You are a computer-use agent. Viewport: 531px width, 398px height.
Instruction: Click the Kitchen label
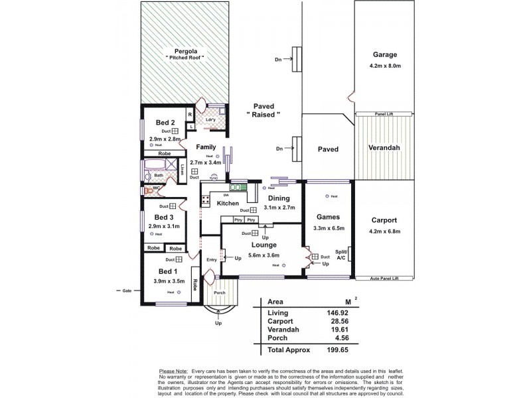[228, 204]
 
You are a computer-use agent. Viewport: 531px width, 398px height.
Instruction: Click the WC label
[157, 188]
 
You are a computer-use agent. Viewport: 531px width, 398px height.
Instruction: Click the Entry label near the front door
[212, 259]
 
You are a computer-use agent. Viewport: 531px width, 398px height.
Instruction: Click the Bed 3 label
[165, 217]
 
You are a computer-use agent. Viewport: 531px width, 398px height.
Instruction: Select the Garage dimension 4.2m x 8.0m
[385, 66]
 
